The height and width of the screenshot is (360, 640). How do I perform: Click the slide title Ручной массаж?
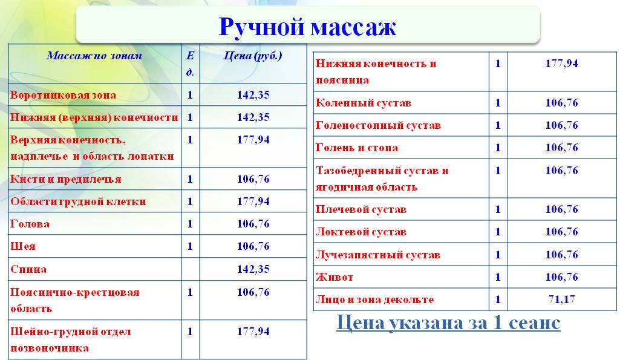(307, 27)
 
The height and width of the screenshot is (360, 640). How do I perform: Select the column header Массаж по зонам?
(94, 56)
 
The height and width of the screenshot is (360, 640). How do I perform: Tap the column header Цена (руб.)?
(253, 56)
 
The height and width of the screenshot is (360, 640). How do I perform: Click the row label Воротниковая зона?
(64, 95)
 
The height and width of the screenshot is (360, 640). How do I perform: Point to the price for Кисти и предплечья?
(253, 179)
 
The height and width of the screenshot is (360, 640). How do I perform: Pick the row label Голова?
(30, 224)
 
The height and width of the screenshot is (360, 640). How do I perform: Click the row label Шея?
(23, 246)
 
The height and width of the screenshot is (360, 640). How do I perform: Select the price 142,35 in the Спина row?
(253, 269)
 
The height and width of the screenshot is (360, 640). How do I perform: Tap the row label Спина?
(28, 269)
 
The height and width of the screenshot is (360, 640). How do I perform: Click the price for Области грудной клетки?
(253, 201)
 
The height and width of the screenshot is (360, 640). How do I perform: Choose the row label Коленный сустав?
(364, 103)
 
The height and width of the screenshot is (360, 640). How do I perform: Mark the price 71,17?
(561, 299)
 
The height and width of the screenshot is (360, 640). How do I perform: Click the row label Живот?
(335, 277)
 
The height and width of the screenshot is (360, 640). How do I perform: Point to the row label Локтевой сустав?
(361, 232)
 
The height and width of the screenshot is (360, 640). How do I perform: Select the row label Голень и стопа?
(357, 148)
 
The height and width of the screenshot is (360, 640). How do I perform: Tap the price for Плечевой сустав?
(561, 209)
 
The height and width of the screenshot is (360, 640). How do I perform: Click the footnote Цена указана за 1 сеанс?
(449, 322)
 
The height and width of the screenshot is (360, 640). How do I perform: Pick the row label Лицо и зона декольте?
(374, 299)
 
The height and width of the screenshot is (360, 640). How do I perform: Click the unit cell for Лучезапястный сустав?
(498, 255)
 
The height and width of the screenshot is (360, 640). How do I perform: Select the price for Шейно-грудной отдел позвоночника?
(253, 332)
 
